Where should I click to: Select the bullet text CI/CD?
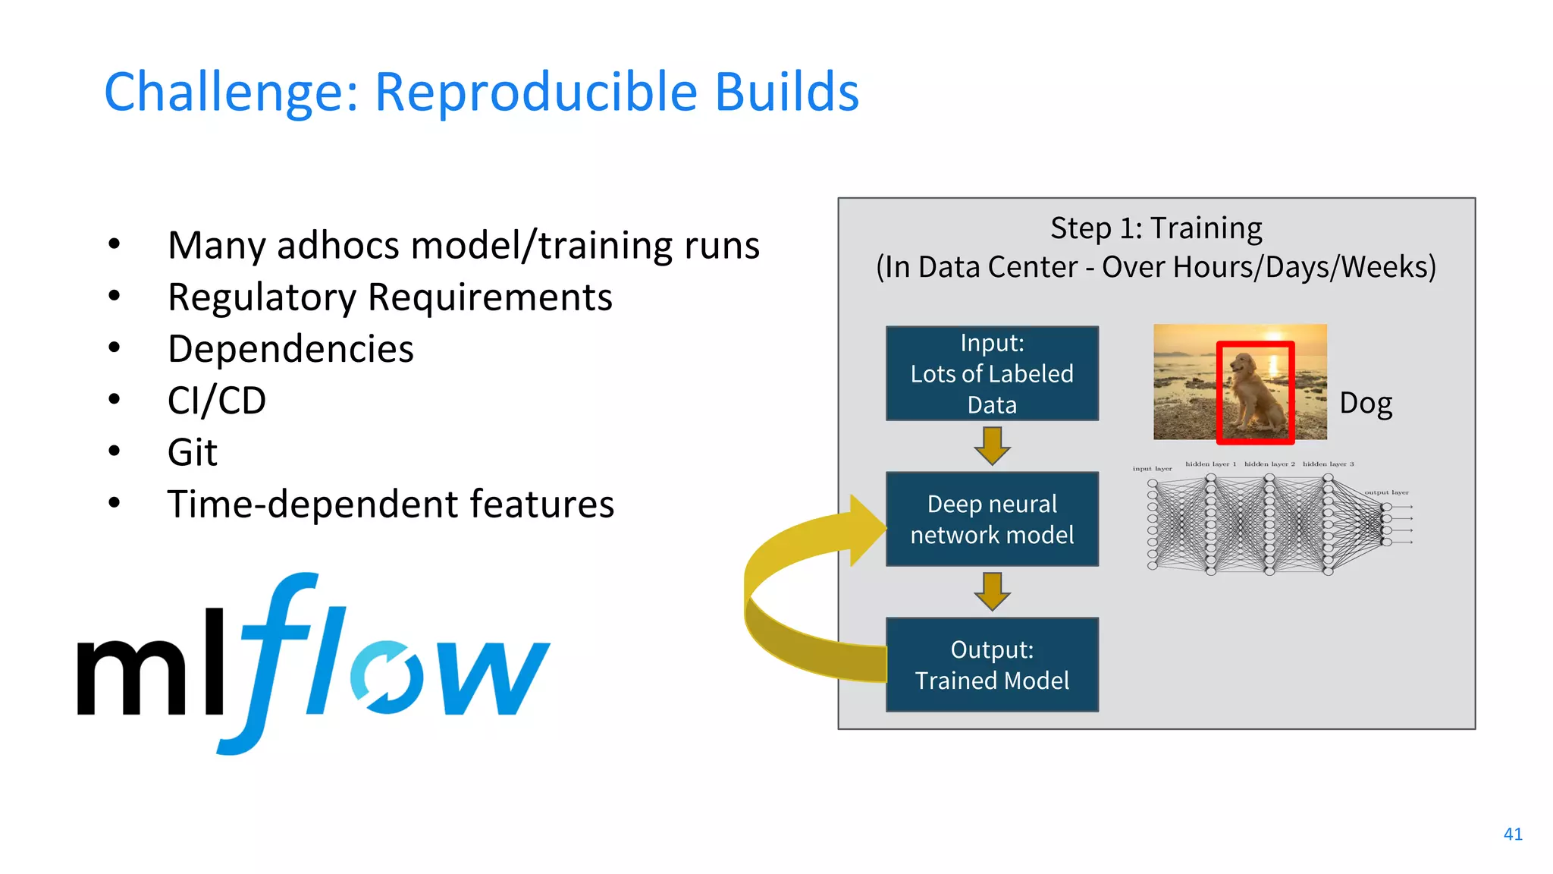[x=217, y=401]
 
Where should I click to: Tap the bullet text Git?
[x=192, y=453]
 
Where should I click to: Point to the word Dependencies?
[x=290, y=349]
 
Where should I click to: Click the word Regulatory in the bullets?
[x=262, y=297]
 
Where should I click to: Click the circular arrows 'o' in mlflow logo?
[x=387, y=678]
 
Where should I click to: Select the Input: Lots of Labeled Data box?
[x=992, y=373]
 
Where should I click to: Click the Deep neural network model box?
[x=992, y=519]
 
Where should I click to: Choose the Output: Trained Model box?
[x=992, y=665]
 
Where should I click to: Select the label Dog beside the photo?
[x=1366, y=403]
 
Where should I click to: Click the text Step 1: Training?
[x=1156, y=228]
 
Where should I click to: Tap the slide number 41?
[x=1513, y=834]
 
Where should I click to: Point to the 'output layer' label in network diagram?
[x=1386, y=492]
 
